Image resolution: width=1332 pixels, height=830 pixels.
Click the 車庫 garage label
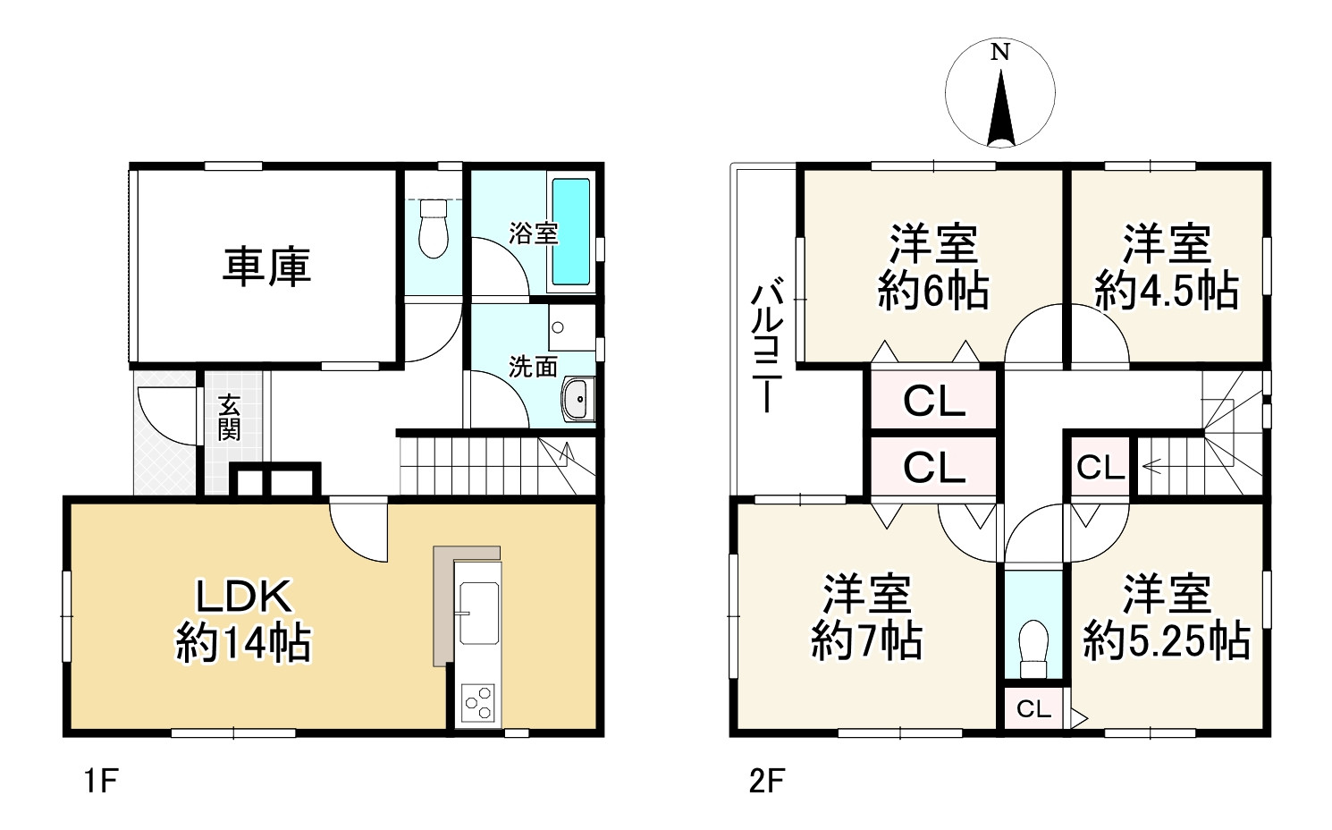point(266,267)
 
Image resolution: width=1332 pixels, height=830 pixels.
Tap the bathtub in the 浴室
point(570,232)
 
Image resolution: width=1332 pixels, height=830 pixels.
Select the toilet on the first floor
point(434,228)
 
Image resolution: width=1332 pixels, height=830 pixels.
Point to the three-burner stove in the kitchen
point(478,702)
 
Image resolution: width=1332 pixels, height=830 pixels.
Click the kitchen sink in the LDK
point(478,613)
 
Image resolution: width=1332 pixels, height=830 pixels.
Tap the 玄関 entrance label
point(230,417)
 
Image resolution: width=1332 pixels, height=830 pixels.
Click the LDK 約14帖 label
point(243,619)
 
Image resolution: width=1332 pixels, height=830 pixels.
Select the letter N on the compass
point(999,53)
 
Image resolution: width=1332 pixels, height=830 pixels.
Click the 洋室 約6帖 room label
point(933,267)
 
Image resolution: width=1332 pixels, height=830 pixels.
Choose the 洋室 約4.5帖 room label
point(1167,267)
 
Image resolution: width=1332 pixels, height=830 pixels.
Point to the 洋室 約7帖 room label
point(866,617)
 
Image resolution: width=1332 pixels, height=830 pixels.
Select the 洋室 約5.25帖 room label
point(1167,617)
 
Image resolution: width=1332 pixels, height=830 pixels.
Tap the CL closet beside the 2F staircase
point(1100,467)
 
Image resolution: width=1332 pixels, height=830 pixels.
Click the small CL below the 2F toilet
point(1033,709)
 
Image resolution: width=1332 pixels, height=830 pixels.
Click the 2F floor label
point(766,781)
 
